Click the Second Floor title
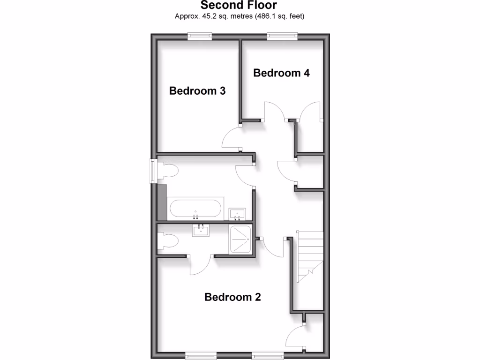click(x=239, y=6)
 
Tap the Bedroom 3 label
click(x=197, y=90)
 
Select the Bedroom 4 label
click(x=281, y=73)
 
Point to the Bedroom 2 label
click(x=232, y=297)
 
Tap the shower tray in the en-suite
click(x=240, y=239)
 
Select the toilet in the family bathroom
click(x=167, y=172)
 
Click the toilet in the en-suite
click(x=167, y=242)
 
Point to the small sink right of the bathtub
click(x=237, y=214)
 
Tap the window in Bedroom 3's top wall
click(x=200, y=36)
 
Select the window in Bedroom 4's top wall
click(x=282, y=36)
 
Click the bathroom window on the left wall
click(x=153, y=171)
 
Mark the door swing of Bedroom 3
click(x=231, y=140)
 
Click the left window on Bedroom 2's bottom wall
click(x=201, y=356)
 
